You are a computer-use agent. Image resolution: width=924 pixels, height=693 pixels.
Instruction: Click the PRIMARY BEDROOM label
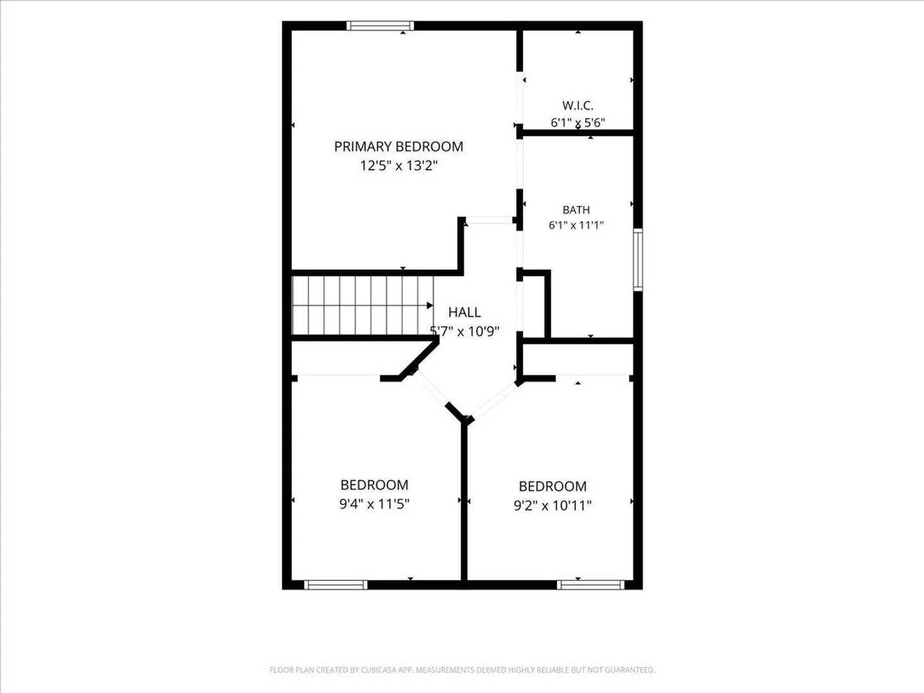coord(398,146)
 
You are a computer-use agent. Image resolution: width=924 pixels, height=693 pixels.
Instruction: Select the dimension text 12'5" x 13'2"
coord(398,166)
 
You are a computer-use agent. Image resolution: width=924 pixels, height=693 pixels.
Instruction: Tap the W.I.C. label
coord(577,105)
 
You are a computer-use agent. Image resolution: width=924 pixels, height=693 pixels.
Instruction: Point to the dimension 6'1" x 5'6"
coord(577,123)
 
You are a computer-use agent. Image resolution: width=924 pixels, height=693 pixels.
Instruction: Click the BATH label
coord(576,210)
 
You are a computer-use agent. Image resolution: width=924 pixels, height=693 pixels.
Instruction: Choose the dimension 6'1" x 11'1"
coord(576,225)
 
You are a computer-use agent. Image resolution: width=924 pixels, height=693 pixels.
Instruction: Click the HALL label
coord(465,312)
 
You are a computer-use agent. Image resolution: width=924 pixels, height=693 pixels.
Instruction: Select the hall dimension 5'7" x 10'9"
coord(465,332)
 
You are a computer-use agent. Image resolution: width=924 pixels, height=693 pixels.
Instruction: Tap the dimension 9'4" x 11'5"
coord(374,504)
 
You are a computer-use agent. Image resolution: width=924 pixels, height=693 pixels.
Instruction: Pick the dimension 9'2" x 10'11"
coord(552,505)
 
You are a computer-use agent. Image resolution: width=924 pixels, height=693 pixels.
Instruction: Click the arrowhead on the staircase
coord(430,305)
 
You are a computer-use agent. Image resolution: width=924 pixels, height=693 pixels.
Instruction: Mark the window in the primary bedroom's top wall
coord(380,26)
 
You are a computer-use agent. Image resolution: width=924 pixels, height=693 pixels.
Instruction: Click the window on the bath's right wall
coord(638,260)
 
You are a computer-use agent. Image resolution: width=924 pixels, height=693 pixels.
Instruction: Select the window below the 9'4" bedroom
coord(336,585)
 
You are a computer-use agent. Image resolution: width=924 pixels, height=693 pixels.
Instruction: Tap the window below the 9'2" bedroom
coord(590,585)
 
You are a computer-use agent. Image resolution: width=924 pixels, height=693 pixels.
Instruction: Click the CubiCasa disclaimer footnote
coord(462,670)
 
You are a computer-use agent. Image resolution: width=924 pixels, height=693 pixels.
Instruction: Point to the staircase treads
coord(363,305)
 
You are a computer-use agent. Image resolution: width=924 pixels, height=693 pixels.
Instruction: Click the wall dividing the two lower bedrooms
coord(464,503)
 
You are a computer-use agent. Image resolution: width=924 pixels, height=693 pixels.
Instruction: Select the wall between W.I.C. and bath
coord(577,133)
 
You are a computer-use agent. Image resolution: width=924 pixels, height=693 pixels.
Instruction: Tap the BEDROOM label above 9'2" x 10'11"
coord(552,486)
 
